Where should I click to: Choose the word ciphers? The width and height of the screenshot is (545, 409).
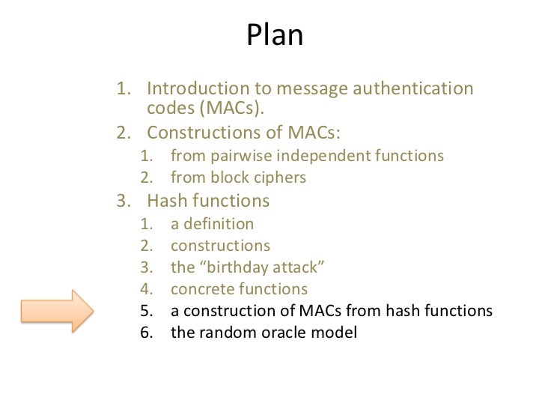coord(281,178)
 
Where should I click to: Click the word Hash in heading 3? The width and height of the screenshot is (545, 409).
coord(168,202)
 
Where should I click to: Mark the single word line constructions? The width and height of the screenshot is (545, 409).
coord(221,246)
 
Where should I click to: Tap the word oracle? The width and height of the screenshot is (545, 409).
coord(277,332)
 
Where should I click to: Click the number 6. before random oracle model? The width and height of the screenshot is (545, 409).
coord(148,332)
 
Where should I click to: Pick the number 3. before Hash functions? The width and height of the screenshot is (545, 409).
coord(124,202)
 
